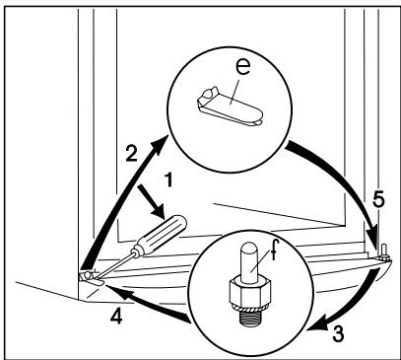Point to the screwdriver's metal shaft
(110, 263)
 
